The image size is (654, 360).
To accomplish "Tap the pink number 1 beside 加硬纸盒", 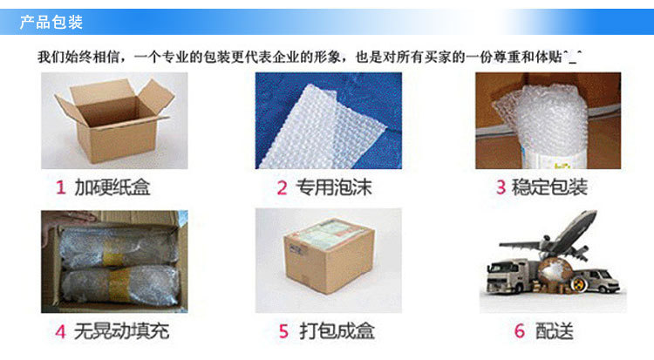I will pyautogui.click(x=61, y=187).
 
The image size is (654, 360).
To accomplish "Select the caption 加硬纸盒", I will pyautogui.click(x=112, y=187).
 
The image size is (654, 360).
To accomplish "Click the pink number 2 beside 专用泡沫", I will pyautogui.click(x=282, y=187).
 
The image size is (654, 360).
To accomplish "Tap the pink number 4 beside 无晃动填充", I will pyautogui.click(x=61, y=331).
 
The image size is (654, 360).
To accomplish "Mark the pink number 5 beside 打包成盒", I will pyautogui.click(x=283, y=331).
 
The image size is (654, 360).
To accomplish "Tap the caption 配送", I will pyautogui.click(x=553, y=331).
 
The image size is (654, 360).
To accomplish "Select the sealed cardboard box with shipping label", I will pyautogui.click(x=327, y=261).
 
